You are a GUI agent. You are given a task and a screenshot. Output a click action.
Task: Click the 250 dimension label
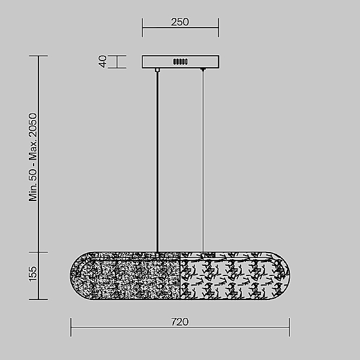coord(180,22)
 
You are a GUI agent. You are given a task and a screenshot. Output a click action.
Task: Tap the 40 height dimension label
coord(103,62)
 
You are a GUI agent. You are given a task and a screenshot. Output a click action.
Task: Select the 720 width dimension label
coord(180,322)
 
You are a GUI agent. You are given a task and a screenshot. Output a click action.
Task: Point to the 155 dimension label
coord(32,274)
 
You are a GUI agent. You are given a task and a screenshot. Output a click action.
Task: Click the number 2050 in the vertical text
coord(32,125)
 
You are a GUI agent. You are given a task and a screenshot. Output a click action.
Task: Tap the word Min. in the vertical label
coord(32,193)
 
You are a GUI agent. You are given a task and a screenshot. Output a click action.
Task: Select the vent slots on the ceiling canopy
coord(181,62)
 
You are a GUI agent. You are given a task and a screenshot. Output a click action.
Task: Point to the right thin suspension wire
coord(203,161)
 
